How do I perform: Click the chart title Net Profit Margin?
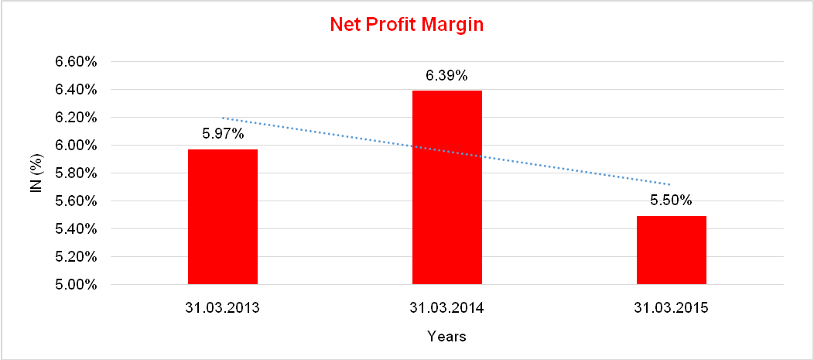(x=406, y=25)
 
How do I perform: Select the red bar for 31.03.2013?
(x=223, y=217)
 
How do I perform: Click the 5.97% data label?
(x=224, y=134)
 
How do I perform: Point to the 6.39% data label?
(x=446, y=76)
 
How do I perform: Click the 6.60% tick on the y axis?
(x=75, y=62)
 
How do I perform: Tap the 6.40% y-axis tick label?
(x=75, y=90)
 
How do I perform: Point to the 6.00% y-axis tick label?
(x=75, y=146)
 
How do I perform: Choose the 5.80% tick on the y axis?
(x=75, y=173)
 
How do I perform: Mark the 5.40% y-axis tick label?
(x=75, y=229)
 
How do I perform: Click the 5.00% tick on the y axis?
(x=75, y=285)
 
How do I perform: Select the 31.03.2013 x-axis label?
(x=223, y=308)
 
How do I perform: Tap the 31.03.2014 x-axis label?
(x=447, y=308)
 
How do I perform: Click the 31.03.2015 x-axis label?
(x=672, y=308)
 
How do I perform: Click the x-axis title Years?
(x=446, y=337)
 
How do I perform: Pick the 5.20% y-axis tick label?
(x=75, y=257)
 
